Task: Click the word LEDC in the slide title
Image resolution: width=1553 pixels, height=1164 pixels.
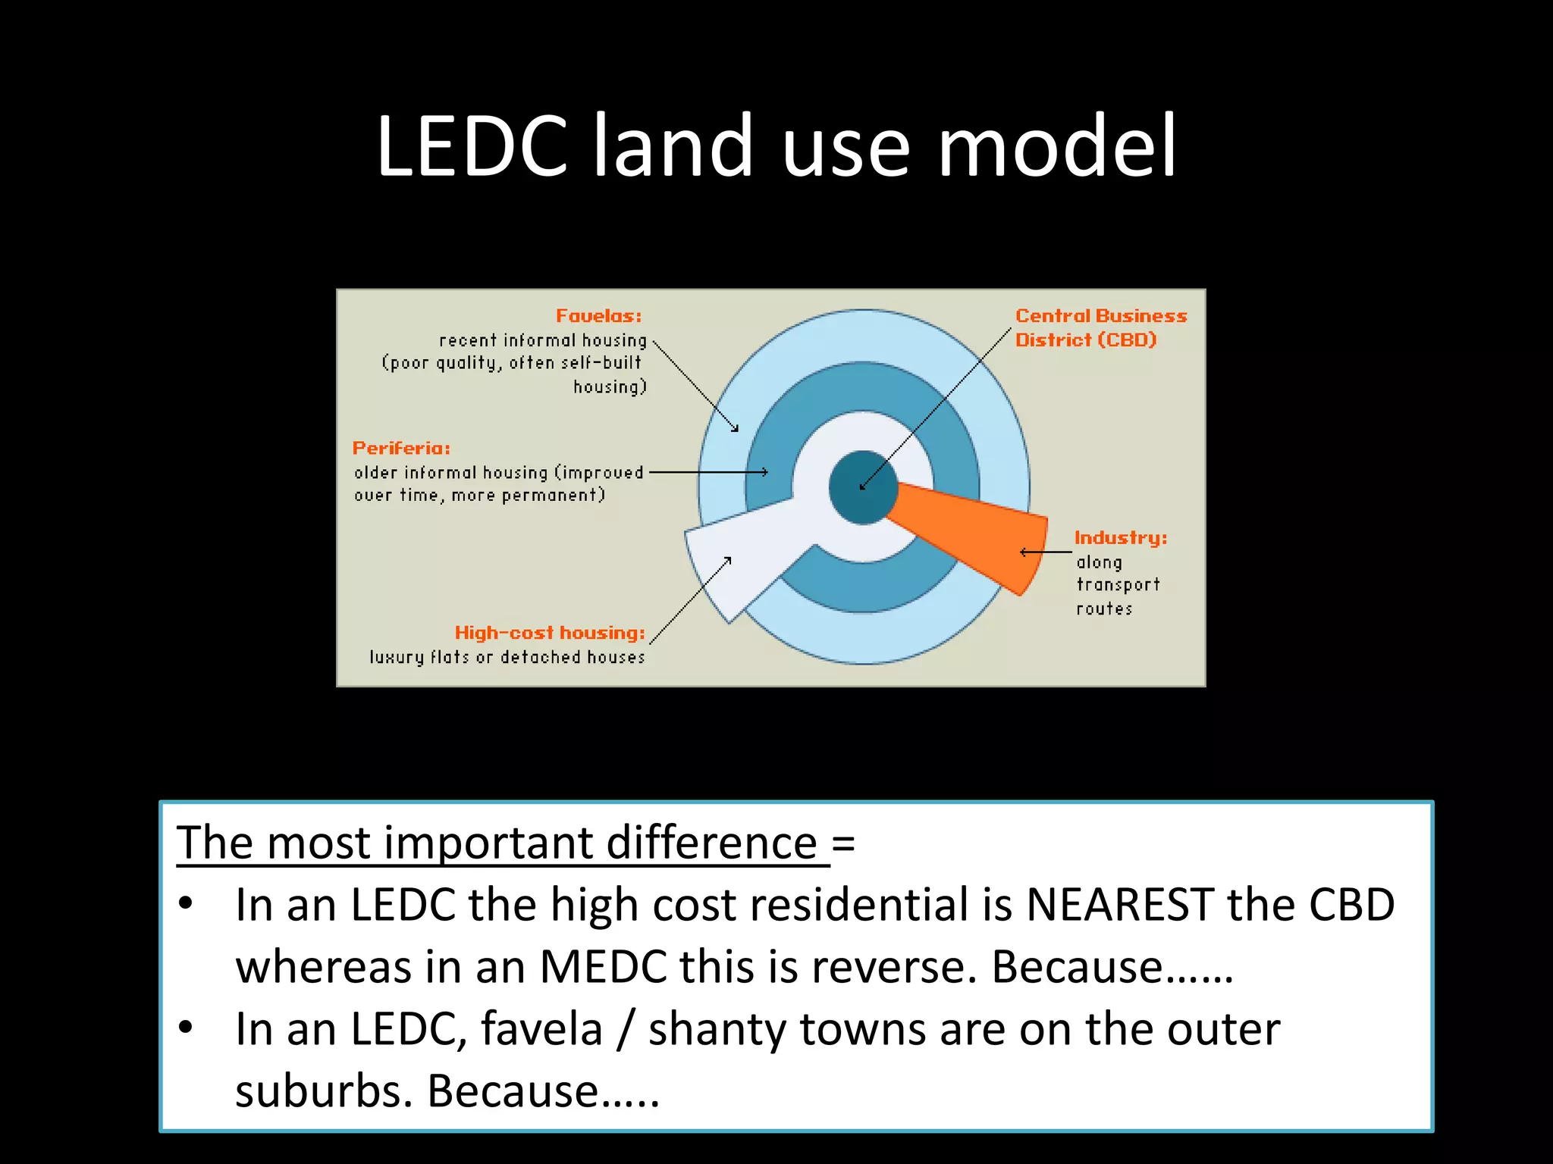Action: [x=471, y=145]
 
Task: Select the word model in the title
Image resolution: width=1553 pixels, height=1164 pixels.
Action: [x=1057, y=145]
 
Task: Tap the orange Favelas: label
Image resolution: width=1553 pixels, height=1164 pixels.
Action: [x=598, y=316]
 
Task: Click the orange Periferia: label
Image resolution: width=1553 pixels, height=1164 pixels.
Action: [x=401, y=449]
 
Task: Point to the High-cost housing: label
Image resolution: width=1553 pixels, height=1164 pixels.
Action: [x=550, y=633]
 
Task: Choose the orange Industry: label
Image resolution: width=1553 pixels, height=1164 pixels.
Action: [x=1120, y=538]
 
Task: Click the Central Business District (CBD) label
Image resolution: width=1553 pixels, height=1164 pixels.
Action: [x=1100, y=327]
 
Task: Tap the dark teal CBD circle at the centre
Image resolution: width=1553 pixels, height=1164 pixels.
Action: [x=863, y=487]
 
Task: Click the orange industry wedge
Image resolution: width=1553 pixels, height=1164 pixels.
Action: [x=978, y=534]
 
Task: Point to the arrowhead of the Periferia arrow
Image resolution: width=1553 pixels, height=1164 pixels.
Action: [x=765, y=472]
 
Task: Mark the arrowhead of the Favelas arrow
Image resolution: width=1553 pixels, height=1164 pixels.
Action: [x=735, y=429]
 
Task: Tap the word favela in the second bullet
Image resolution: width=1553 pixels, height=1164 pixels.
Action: [x=541, y=1030]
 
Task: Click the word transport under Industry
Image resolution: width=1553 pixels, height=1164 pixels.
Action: [x=1118, y=585]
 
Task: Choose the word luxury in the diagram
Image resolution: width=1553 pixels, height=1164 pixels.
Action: [x=397, y=657]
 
